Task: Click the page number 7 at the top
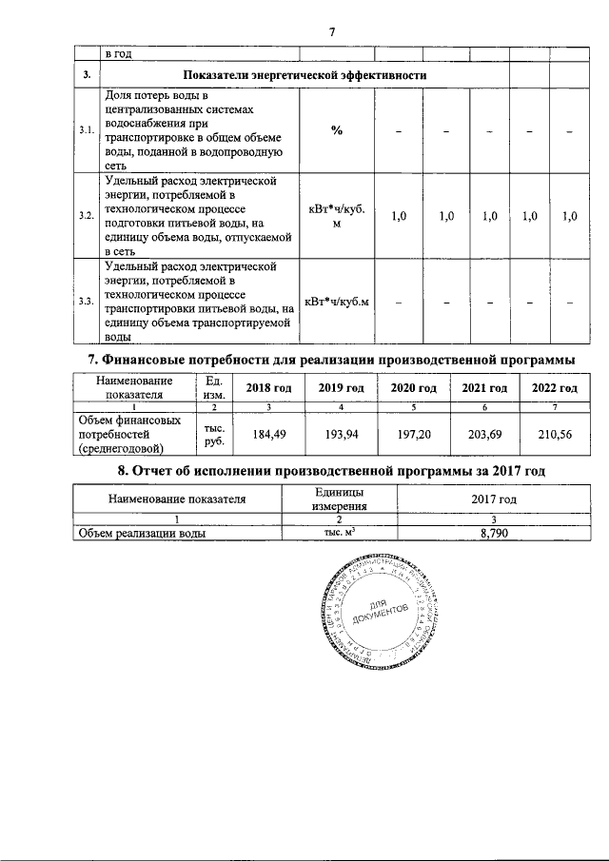point(332,32)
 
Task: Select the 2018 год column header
point(268,388)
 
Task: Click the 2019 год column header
point(341,388)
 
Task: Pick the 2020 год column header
point(413,388)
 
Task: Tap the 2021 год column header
point(484,388)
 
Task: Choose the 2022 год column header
point(554,388)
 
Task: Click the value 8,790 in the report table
point(494,534)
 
